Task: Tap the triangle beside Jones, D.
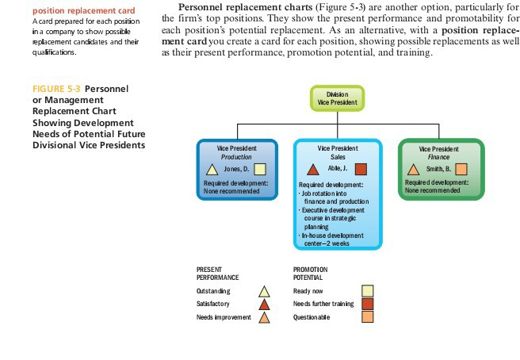tap(212, 170)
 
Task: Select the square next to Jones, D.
tap(259, 170)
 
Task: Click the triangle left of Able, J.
tap(312, 170)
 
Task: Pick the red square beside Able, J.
tap(361, 170)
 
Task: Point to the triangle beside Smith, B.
tap(413, 170)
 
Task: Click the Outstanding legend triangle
tap(266, 291)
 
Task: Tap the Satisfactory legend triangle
tap(266, 304)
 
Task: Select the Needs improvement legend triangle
tap(266, 318)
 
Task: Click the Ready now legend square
tap(368, 291)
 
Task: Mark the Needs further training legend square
tap(368, 304)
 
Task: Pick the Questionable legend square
tap(368, 318)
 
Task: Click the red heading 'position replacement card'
tap(49, 10)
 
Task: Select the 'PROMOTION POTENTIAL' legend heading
tap(310, 274)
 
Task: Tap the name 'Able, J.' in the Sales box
tap(337, 170)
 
